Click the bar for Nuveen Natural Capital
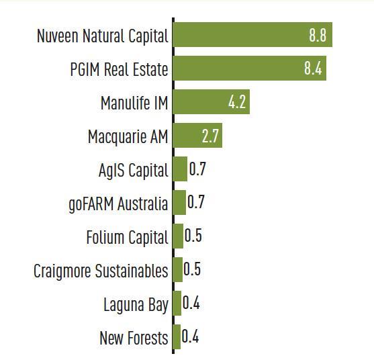[x=252, y=36]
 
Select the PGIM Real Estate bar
[x=248, y=69]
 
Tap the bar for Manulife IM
[x=211, y=103]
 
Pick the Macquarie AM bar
[x=197, y=136]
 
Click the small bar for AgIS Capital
[x=180, y=169]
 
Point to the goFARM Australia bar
[x=179, y=202]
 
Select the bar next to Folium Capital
[x=178, y=236]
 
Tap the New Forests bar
[x=177, y=336]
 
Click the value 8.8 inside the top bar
[x=317, y=36]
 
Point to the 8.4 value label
[x=313, y=69]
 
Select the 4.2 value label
[x=237, y=103]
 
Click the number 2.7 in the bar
[x=210, y=136]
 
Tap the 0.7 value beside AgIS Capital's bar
[x=197, y=169]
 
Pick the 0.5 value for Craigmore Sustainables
[x=193, y=269]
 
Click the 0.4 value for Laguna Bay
[x=191, y=303]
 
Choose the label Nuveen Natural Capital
[x=102, y=36]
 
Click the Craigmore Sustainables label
[x=101, y=271]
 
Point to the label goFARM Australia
[x=118, y=204]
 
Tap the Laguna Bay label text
[x=136, y=304]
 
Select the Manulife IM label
[x=134, y=103]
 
